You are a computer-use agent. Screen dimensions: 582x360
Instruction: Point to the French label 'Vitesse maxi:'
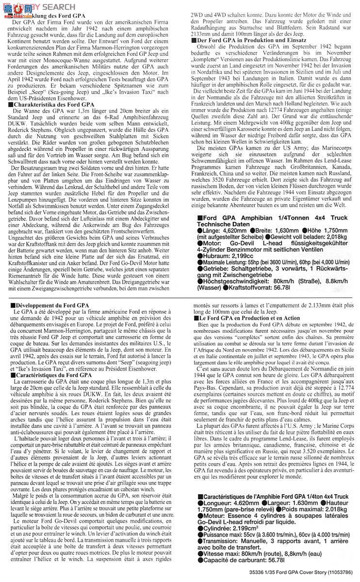click(221, 554)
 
